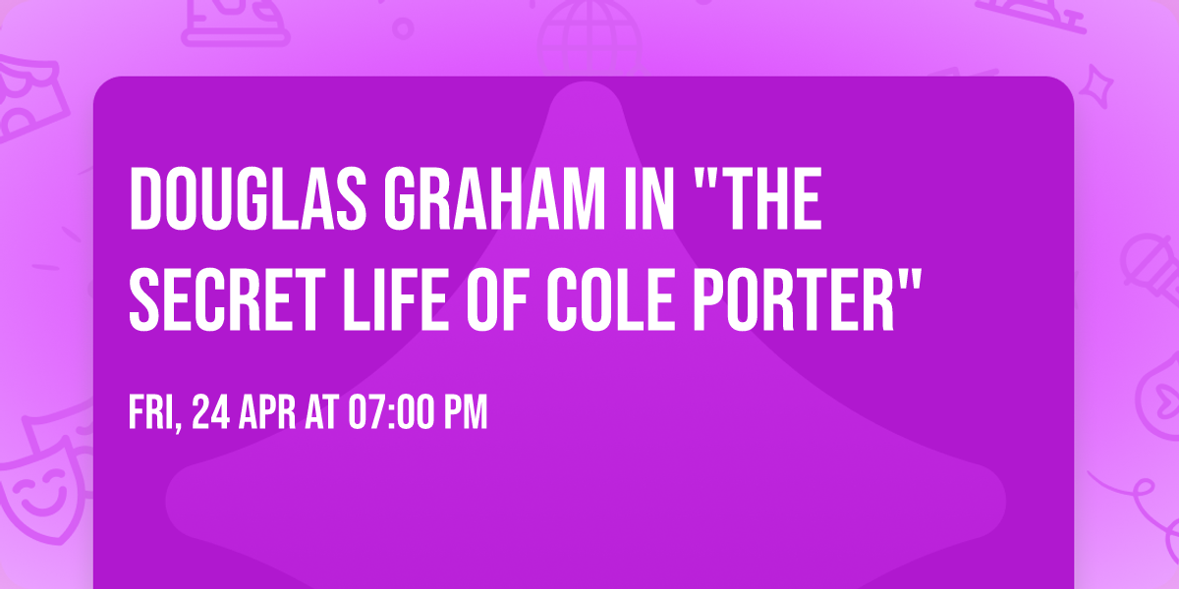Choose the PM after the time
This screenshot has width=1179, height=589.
[x=466, y=413]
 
